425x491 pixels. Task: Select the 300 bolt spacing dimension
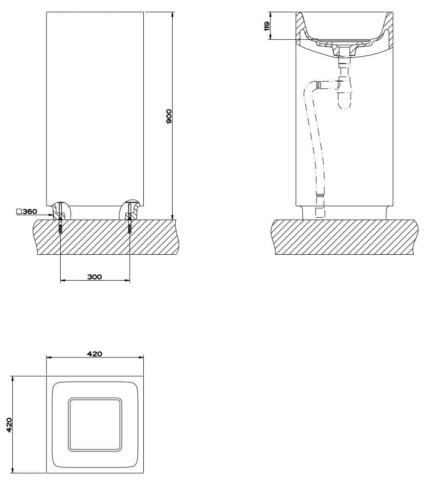click(x=94, y=277)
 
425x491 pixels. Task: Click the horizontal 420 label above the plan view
click(x=94, y=354)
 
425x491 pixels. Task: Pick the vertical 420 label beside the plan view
click(x=9, y=424)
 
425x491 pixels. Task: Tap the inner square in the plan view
click(x=94, y=424)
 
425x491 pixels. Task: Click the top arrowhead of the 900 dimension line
click(x=172, y=15)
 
